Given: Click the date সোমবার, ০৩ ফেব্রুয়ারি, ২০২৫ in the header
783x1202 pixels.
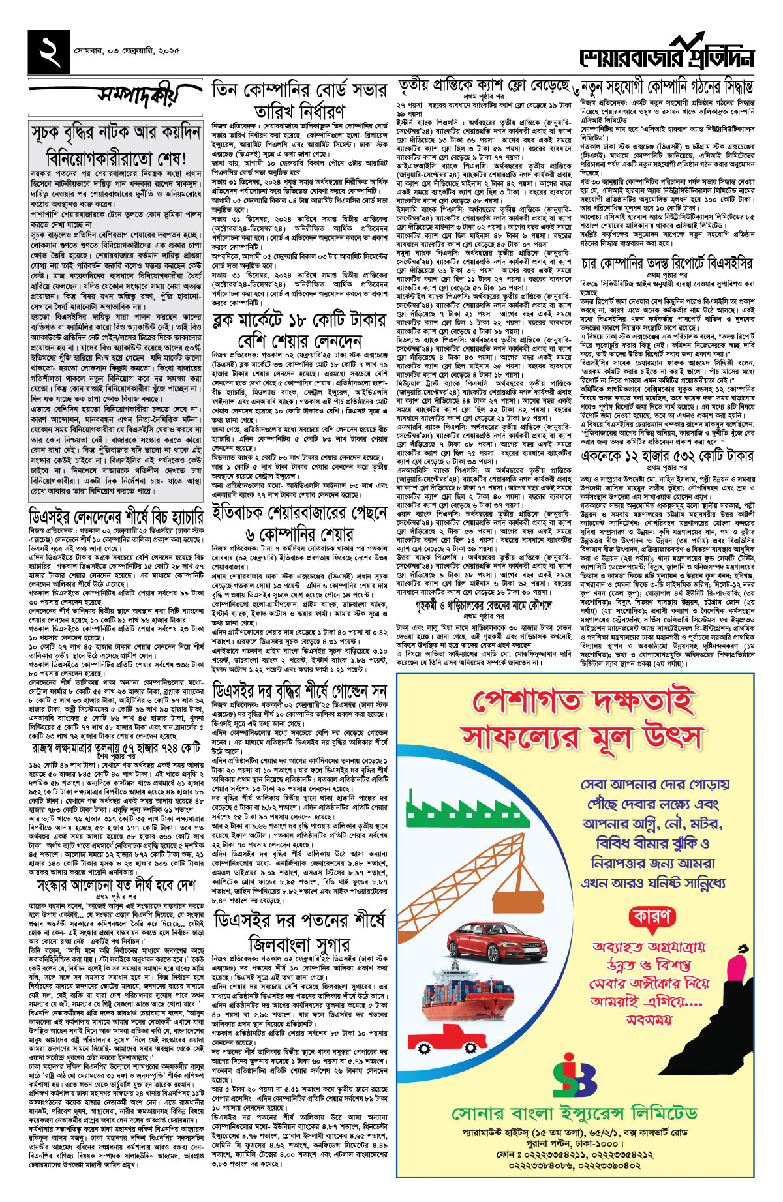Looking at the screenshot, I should click(127, 50).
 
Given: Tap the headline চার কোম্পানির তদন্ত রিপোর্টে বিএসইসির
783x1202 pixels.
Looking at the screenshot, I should click(666, 263).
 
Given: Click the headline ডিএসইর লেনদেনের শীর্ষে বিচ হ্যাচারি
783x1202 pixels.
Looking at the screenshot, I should click(116, 518).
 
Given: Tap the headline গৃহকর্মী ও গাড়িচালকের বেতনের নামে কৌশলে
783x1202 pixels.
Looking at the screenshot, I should click(484, 605).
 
